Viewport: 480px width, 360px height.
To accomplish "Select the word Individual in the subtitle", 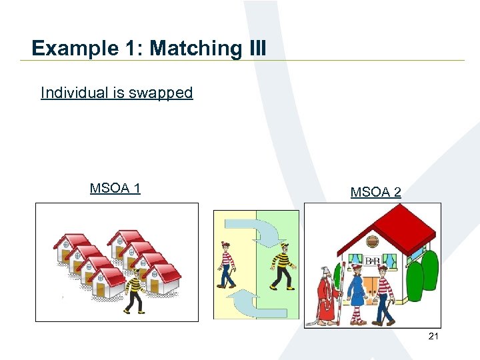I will pyautogui.click(x=74, y=93).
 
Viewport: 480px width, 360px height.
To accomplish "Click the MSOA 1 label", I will pyautogui.click(x=115, y=188).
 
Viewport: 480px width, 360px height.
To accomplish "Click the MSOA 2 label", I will pyautogui.click(x=375, y=192).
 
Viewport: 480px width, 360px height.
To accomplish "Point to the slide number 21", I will pyautogui.click(x=433, y=337).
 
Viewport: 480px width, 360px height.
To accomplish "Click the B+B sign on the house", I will pyautogui.click(x=372, y=261).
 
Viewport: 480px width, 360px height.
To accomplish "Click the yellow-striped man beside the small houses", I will pyautogui.click(x=136, y=290).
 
